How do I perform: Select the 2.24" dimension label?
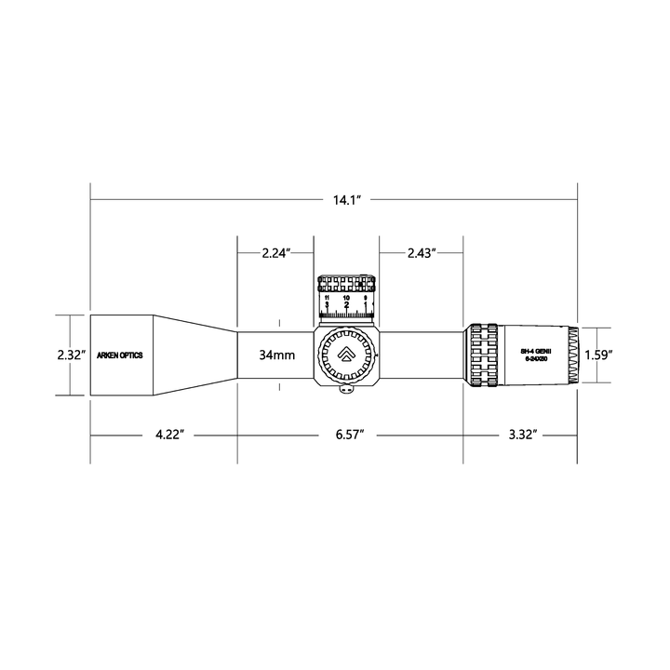[x=276, y=253]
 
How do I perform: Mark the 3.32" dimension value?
[x=521, y=435]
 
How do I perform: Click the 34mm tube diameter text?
[x=277, y=355]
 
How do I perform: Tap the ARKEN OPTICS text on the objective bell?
[x=120, y=355]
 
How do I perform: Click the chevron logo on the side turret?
[x=346, y=355]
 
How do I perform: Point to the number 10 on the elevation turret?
[x=346, y=297]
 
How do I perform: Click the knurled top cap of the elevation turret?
[x=346, y=283]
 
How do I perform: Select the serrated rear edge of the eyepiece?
[x=575, y=355]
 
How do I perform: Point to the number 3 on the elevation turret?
[x=327, y=304]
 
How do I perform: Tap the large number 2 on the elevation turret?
[x=346, y=305]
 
